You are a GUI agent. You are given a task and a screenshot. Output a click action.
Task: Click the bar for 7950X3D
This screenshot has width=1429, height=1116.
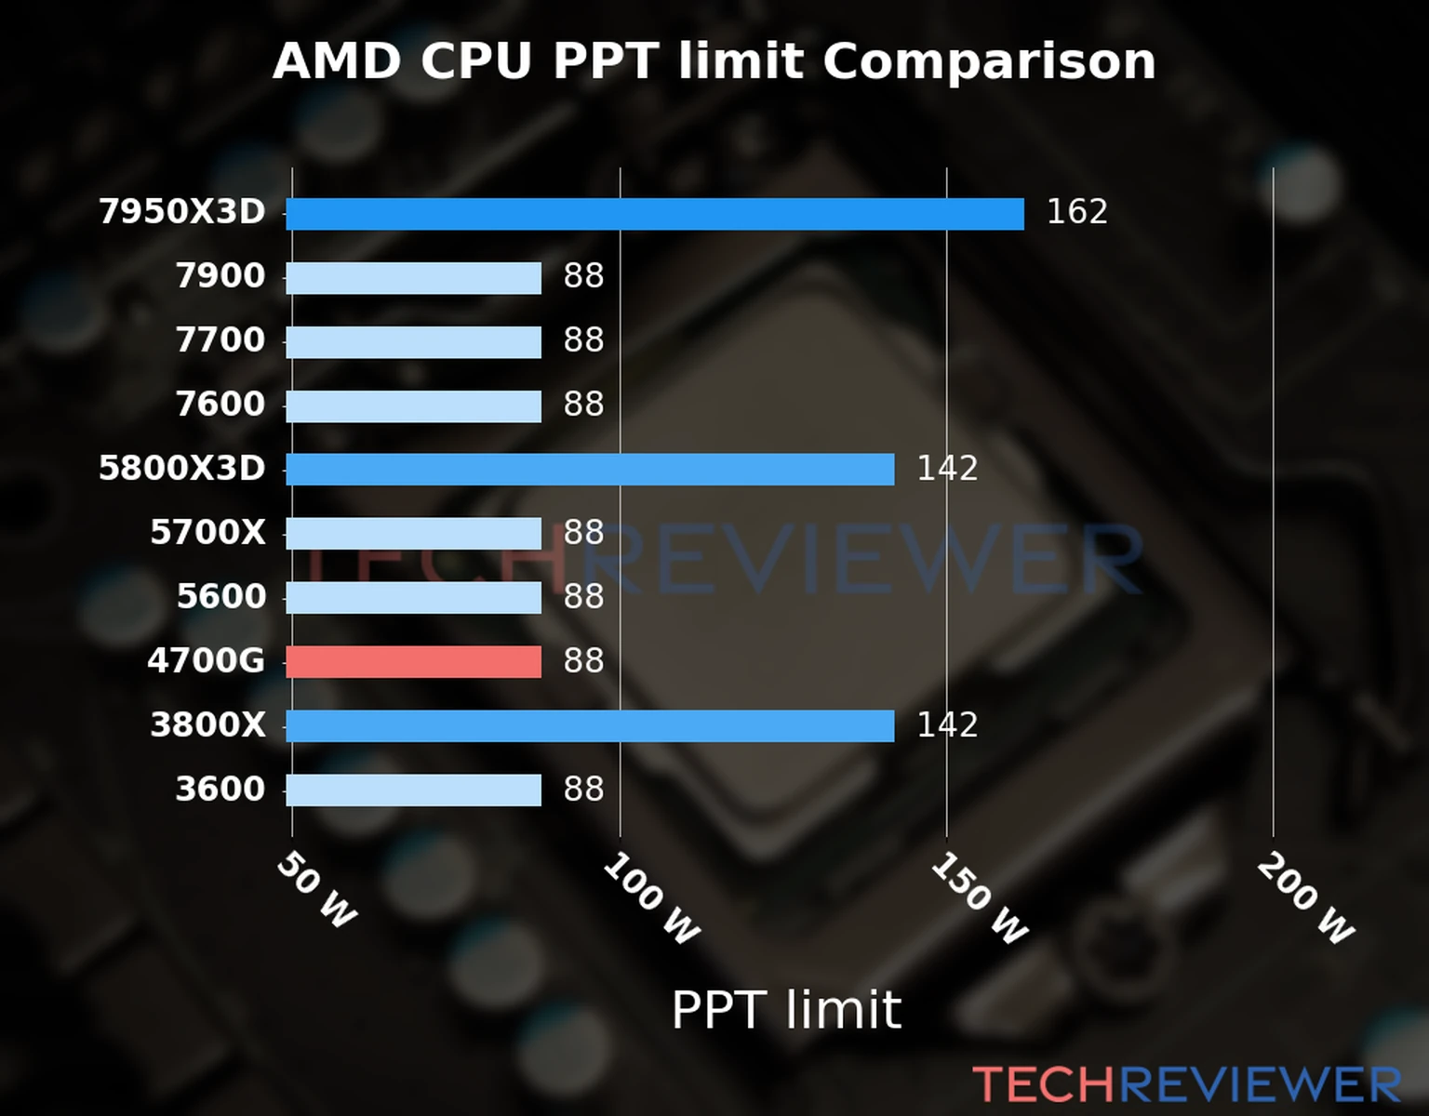point(654,214)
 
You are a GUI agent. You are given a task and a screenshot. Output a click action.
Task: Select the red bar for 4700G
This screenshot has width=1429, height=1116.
point(413,661)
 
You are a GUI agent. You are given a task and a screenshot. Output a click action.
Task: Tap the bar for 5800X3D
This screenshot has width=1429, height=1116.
point(590,470)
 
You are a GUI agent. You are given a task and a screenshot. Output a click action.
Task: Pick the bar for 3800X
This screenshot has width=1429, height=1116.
point(590,725)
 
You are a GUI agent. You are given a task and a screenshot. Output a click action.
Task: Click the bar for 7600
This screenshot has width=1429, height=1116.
point(413,405)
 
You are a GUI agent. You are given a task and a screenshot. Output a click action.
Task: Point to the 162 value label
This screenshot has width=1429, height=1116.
point(1076,212)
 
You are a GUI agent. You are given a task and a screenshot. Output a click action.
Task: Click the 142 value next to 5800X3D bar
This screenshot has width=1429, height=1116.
point(947,468)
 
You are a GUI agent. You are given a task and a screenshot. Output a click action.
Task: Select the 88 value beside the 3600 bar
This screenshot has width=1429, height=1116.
point(583,789)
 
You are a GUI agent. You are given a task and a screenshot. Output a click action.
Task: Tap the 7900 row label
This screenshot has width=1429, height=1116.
point(220,276)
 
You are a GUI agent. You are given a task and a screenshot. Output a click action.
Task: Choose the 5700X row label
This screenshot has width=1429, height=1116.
point(207,533)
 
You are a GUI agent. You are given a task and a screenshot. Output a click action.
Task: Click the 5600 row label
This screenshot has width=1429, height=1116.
point(221,597)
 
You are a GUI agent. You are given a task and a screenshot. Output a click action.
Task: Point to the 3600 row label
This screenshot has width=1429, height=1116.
point(220,790)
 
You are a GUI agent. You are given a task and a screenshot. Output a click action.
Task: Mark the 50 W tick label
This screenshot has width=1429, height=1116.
point(317,890)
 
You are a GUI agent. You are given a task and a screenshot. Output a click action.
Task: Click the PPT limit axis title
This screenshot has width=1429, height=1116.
point(786,1010)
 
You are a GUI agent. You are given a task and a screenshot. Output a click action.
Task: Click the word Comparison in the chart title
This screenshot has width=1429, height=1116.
point(988,61)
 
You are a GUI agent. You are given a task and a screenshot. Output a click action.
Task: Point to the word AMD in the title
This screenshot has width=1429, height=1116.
point(336,61)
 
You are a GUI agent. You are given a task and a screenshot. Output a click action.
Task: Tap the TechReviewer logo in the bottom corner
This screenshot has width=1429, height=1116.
point(1186,1085)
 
